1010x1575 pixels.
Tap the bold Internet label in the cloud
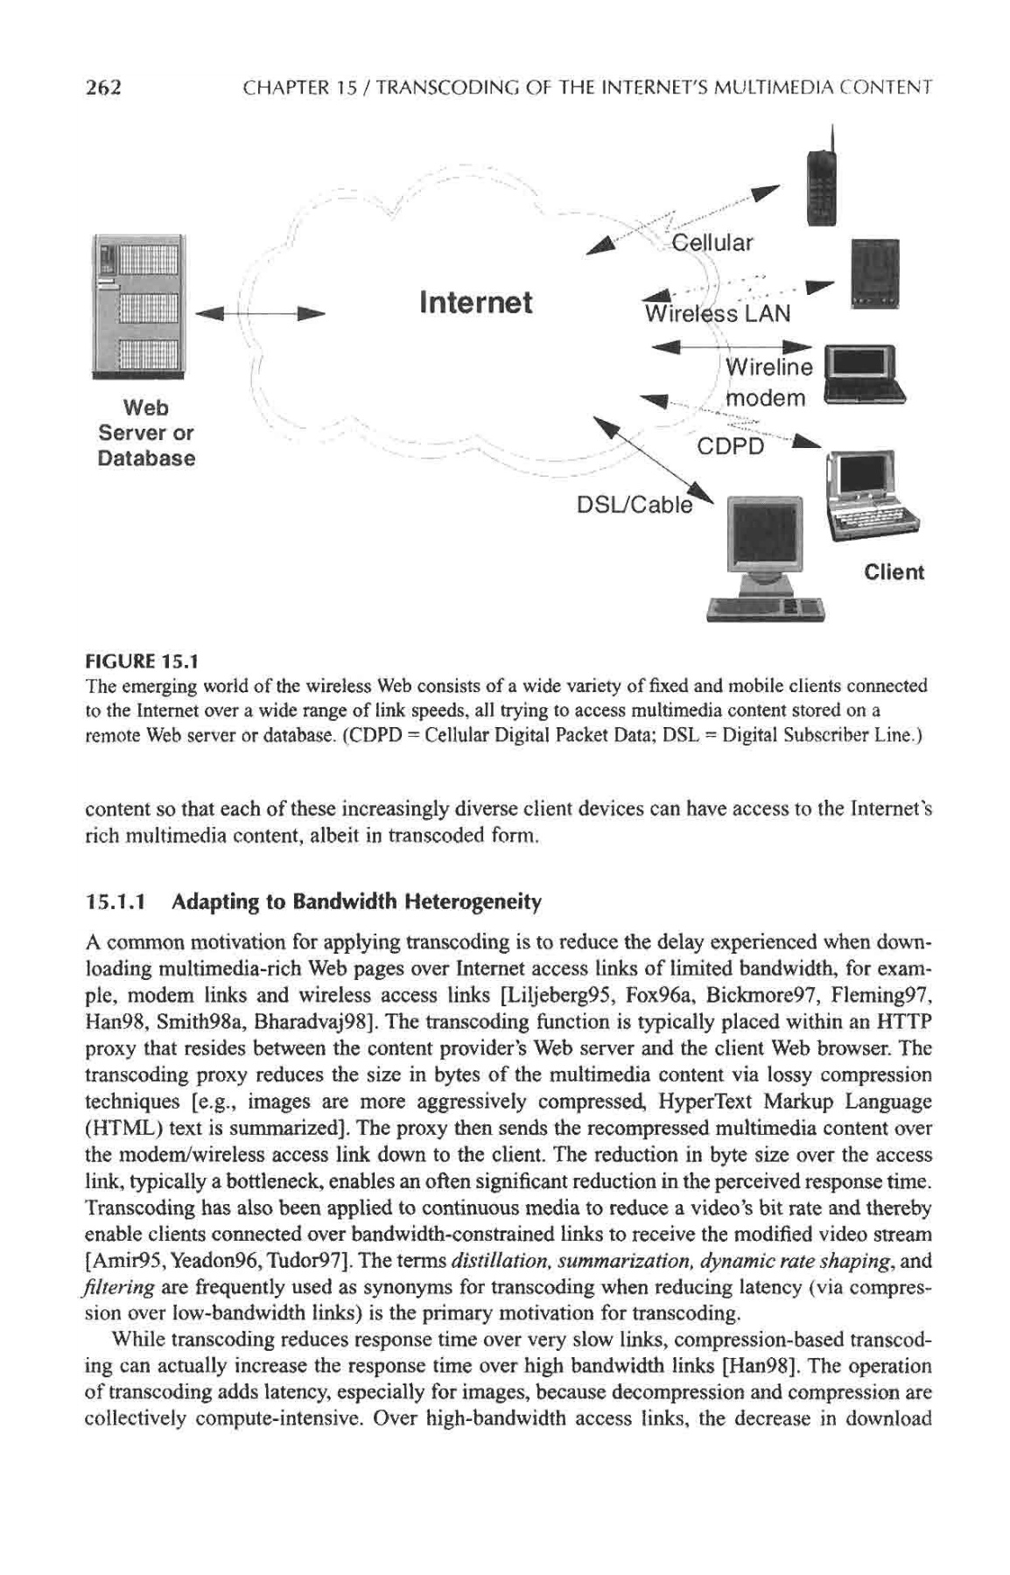[475, 303]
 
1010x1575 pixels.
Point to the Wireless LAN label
[717, 312]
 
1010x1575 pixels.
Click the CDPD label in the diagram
[730, 447]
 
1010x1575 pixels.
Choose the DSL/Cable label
[633, 505]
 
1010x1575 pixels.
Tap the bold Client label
[894, 572]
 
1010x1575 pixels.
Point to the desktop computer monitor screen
[764, 534]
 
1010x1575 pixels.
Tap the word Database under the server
[147, 458]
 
